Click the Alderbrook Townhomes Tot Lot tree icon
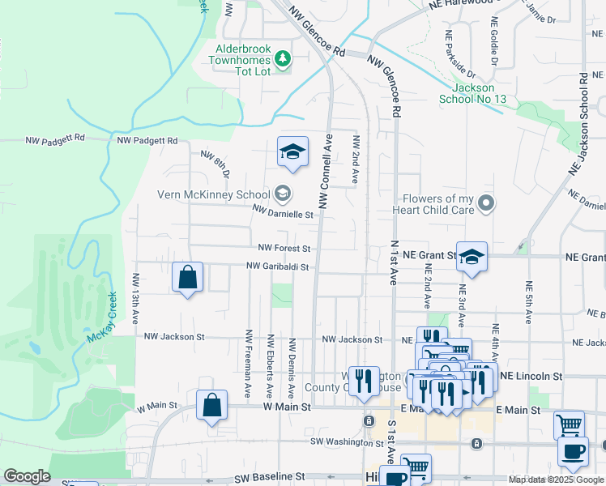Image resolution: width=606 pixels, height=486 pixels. [282, 58]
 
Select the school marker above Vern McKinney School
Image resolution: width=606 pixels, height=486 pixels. [292, 151]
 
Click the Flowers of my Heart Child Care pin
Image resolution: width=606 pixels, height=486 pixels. [486, 202]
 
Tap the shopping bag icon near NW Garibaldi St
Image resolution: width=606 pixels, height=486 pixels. [188, 278]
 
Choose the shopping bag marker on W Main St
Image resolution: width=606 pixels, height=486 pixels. [211, 406]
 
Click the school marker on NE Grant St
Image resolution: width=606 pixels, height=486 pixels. [472, 257]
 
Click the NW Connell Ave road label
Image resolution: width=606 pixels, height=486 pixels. [323, 171]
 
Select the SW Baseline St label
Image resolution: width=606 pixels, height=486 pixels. [269, 478]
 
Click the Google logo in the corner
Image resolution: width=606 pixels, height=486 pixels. [26, 476]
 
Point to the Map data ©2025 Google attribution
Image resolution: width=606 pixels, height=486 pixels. [555, 480]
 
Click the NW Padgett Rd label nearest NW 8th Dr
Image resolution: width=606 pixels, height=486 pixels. [147, 140]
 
